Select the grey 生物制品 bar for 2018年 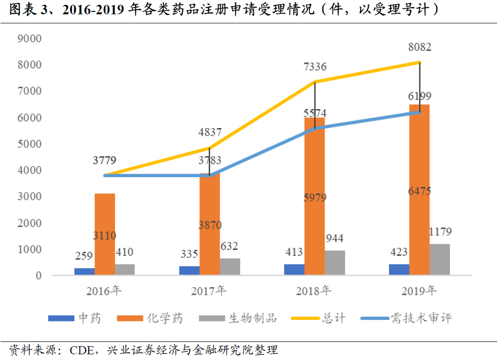tap(335, 263)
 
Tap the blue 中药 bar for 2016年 tap(84, 271)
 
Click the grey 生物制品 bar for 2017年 tap(230, 267)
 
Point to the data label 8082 tap(420, 47)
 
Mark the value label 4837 tap(209, 133)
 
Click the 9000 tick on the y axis tap(29, 38)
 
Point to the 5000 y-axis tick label tap(29, 144)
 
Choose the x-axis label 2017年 tap(209, 290)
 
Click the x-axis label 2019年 tap(419, 290)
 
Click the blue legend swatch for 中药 tap(61, 318)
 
